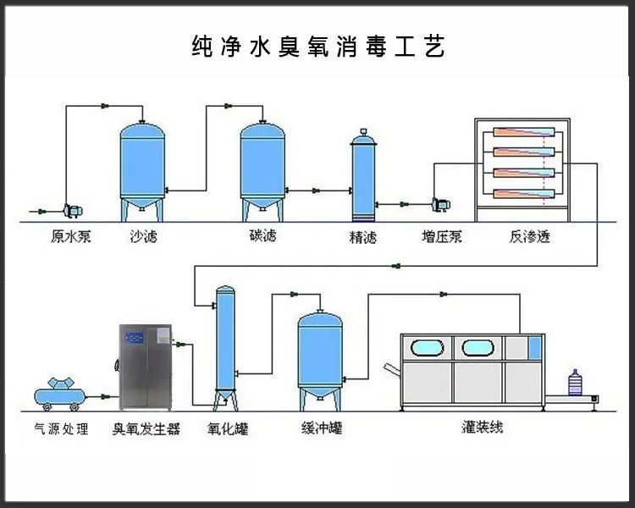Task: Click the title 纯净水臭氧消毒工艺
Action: coord(317,47)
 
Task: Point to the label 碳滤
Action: coord(262,236)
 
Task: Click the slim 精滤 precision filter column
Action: coord(362,174)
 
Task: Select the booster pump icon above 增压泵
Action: coord(440,204)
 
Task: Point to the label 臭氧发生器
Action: coord(146,429)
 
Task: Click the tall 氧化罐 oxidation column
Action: coord(225,343)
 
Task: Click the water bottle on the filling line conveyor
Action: coord(576,384)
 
